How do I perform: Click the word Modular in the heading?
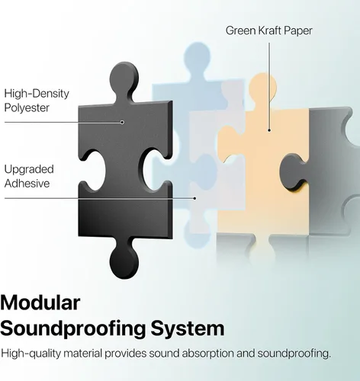pyautogui.click(x=40, y=303)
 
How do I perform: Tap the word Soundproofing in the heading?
pyautogui.click(x=73, y=329)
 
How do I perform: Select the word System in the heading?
pyautogui.click(x=188, y=329)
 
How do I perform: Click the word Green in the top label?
pyautogui.click(x=240, y=30)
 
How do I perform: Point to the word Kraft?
pyautogui.click(x=270, y=30)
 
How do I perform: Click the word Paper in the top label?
pyautogui.click(x=298, y=31)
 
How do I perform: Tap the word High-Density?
pyautogui.click(x=37, y=94)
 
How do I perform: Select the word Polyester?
pyautogui.click(x=27, y=108)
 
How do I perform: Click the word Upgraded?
pyautogui.click(x=29, y=170)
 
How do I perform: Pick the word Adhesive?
pyautogui.click(x=27, y=184)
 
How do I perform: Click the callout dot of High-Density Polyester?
pyautogui.click(x=122, y=122)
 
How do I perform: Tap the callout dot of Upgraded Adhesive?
pyautogui.click(x=194, y=198)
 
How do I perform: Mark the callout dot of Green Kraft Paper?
pyautogui.click(x=269, y=130)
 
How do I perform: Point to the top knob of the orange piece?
pyautogui.click(x=262, y=86)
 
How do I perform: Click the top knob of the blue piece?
pyautogui.click(x=198, y=56)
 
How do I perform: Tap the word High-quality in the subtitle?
pyautogui.click(x=31, y=354)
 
